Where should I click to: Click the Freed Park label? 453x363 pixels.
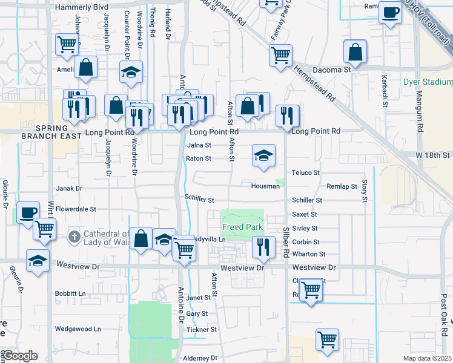tap(242, 227)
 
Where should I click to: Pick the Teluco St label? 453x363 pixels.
tap(305, 172)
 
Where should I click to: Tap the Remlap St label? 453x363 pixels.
tap(342, 187)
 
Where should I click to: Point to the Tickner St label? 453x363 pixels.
tap(202, 330)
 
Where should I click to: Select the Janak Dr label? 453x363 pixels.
tap(68, 188)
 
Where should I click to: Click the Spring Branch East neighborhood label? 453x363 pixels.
tap(54, 132)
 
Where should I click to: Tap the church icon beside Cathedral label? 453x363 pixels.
tap(74, 235)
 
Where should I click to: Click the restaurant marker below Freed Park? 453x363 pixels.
tap(263, 246)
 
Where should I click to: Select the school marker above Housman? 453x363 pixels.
tap(263, 155)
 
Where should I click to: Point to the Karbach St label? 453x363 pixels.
tap(384, 91)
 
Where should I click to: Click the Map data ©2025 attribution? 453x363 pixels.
tap(427, 358)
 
